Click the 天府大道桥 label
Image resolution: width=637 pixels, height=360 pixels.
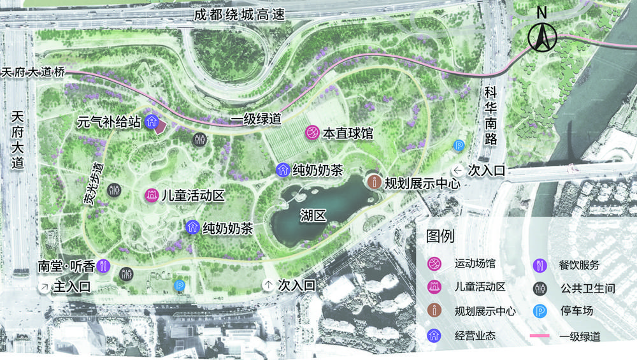point(32,72)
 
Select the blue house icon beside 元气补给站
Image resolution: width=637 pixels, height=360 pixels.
point(152,120)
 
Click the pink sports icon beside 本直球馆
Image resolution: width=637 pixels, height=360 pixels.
point(312,133)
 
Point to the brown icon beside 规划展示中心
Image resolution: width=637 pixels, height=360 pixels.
point(375,182)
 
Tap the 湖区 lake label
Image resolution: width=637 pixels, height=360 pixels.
point(313,216)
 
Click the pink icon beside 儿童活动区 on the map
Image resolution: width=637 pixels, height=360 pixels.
point(152,195)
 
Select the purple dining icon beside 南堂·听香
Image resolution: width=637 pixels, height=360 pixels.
point(105,266)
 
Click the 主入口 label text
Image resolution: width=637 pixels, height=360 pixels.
point(71,287)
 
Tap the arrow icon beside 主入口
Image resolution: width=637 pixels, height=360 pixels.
point(44,287)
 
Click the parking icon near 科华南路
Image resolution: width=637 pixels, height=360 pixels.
point(458,146)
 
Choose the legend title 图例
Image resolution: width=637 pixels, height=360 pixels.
point(440,237)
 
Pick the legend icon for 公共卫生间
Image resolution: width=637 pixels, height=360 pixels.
point(539,288)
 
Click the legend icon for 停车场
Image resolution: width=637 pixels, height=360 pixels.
point(539,312)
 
